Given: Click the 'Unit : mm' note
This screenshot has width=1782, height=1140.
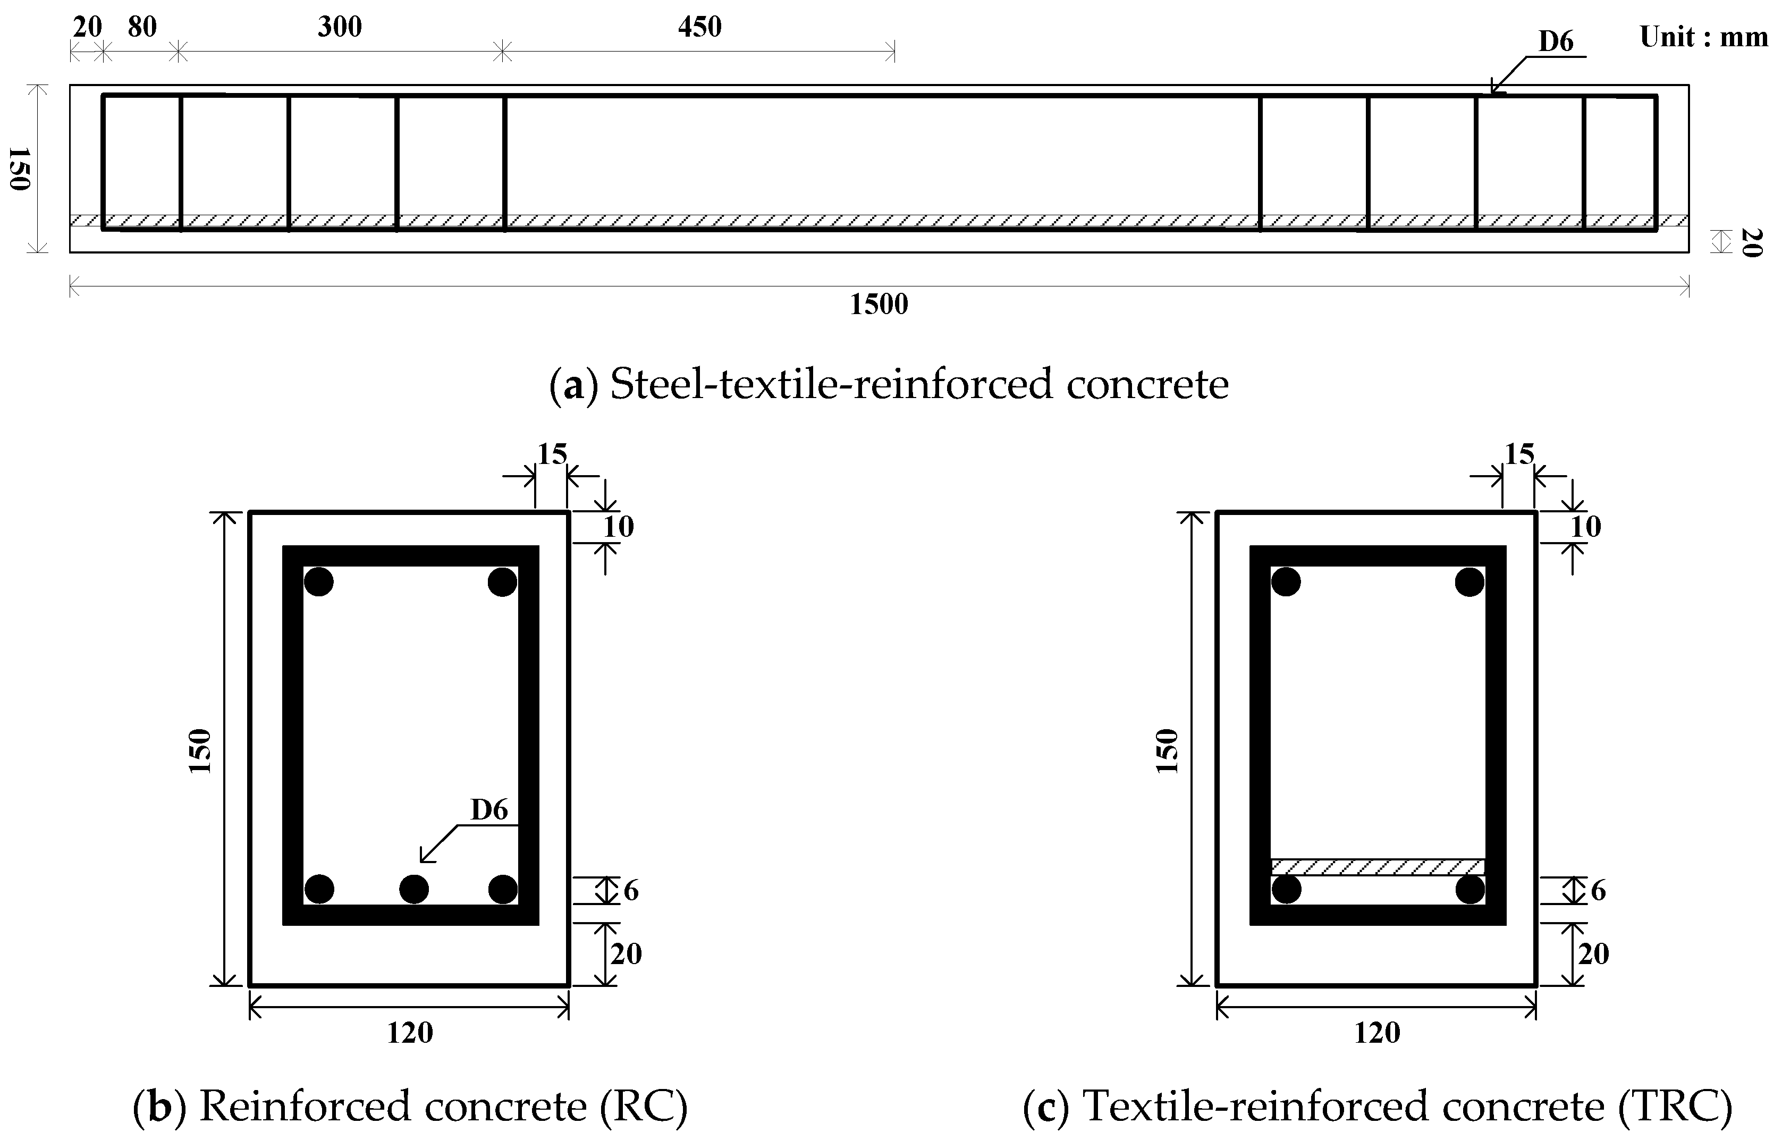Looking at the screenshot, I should pyautogui.click(x=1703, y=37).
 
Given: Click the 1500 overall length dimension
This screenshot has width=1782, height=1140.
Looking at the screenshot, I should pyautogui.click(x=879, y=304).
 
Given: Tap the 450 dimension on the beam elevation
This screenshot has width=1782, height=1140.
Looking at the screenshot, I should pyautogui.click(x=699, y=28).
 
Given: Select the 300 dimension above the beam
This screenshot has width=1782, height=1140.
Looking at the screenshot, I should pyautogui.click(x=340, y=28).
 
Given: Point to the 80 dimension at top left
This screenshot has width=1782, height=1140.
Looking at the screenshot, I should pyautogui.click(x=142, y=28).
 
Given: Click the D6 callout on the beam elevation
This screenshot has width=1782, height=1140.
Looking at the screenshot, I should pyautogui.click(x=1556, y=42).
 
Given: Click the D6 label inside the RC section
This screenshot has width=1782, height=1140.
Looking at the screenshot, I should pyautogui.click(x=489, y=810).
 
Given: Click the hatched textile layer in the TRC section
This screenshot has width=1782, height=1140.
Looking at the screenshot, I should pyautogui.click(x=1377, y=867).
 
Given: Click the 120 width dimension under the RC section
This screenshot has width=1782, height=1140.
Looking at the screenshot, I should pyautogui.click(x=409, y=1032).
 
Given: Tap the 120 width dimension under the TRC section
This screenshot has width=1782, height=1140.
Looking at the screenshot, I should pyautogui.click(x=1376, y=1032).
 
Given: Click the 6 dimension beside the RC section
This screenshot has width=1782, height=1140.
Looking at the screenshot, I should pyautogui.click(x=630, y=891).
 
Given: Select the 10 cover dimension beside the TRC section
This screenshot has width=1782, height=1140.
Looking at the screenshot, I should pyautogui.click(x=1585, y=527).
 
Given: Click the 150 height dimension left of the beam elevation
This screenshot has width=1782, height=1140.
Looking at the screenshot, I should pyautogui.click(x=19, y=169).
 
